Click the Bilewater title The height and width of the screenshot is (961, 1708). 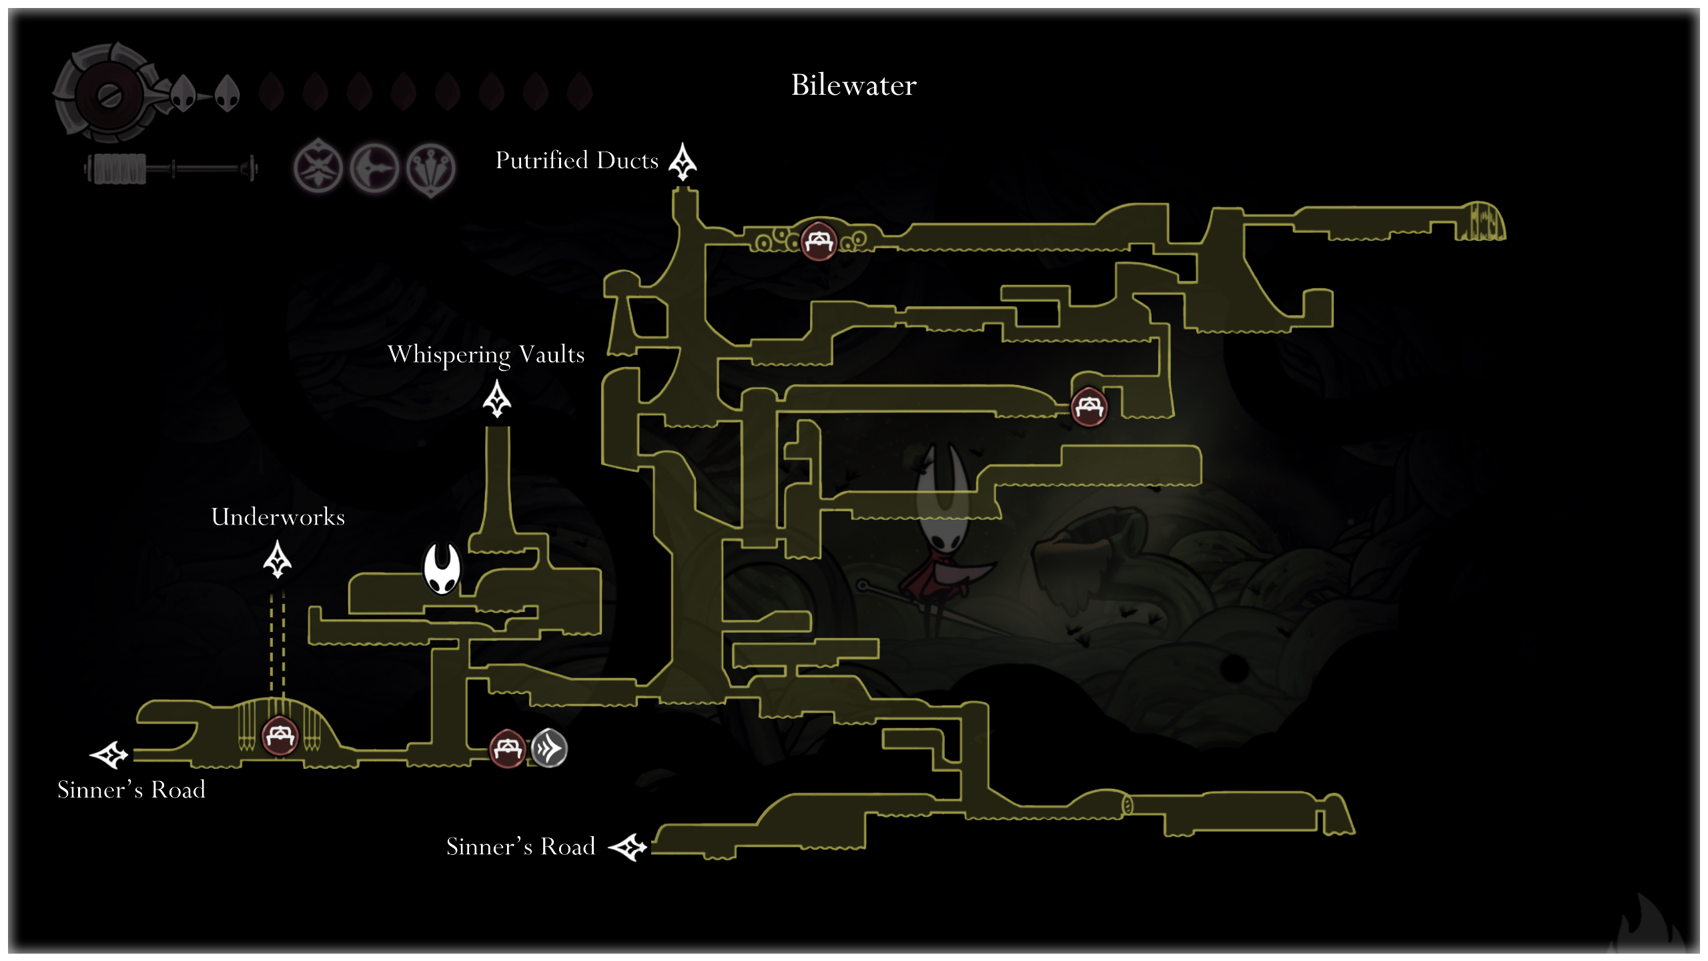(853, 85)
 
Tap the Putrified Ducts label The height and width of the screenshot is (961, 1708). (576, 161)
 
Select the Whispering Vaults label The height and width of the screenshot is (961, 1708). (486, 354)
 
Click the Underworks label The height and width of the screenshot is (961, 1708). (278, 517)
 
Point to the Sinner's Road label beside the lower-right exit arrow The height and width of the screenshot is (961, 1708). (520, 846)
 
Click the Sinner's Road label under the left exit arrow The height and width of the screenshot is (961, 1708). (131, 789)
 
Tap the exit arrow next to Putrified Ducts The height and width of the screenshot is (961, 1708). (683, 162)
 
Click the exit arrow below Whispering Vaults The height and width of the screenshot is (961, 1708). (497, 399)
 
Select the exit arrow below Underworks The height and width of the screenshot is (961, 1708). (278, 559)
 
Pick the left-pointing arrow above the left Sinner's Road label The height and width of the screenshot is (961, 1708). (109, 755)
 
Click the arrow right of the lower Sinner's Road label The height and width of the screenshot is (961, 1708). (628, 848)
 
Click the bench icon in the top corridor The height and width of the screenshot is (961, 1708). (819, 240)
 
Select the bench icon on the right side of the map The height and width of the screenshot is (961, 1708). (1089, 406)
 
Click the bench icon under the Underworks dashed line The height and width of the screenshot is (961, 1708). (280, 736)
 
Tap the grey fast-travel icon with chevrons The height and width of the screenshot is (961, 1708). (549, 748)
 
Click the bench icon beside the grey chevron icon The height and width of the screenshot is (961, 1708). (507, 748)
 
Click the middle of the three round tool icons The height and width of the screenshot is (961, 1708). (374, 168)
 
